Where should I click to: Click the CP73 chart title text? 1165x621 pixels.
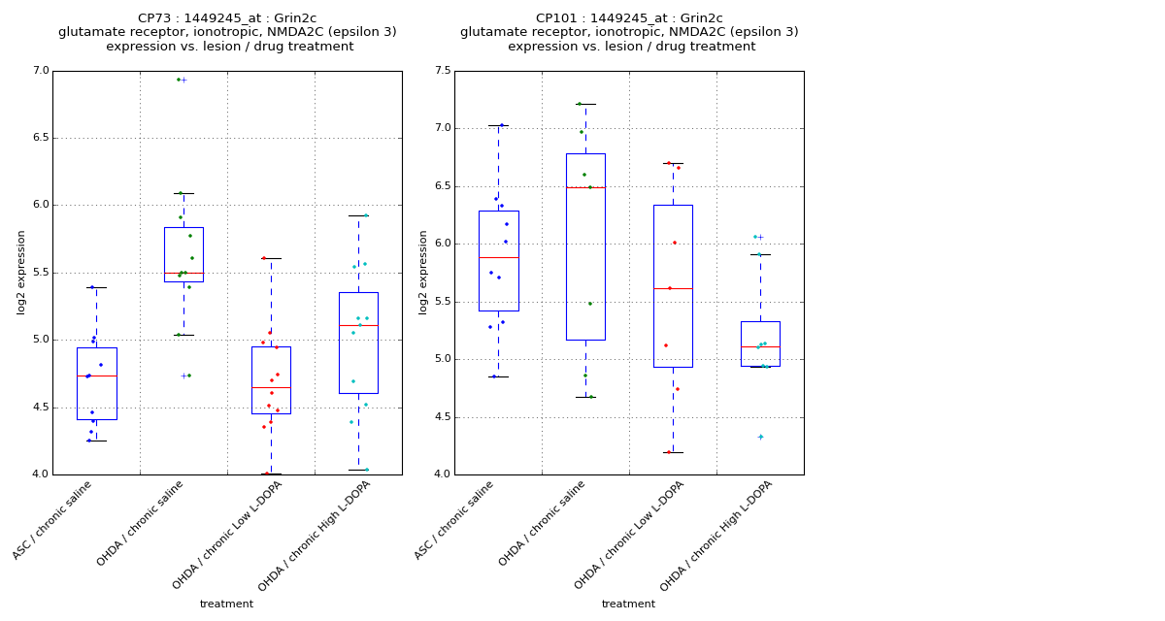(227, 32)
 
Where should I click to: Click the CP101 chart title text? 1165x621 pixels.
(629, 32)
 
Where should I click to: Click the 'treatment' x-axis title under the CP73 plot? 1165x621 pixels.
(226, 604)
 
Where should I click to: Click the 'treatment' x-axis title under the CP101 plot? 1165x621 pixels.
(628, 604)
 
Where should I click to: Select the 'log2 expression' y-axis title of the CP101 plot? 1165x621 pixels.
(423, 272)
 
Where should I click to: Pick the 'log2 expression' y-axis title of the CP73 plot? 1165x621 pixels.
(21, 272)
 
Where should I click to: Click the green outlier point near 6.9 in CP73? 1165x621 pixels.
(179, 80)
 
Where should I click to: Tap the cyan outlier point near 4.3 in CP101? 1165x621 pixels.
(760, 437)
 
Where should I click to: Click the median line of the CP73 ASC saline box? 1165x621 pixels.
(97, 376)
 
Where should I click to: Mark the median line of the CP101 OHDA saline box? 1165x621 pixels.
(585, 187)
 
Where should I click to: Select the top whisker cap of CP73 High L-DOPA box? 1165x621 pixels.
(358, 215)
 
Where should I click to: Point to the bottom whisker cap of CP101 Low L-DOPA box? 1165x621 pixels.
(673, 452)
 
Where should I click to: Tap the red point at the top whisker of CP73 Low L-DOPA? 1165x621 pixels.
(263, 258)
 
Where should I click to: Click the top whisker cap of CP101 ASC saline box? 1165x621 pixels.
(498, 125)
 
